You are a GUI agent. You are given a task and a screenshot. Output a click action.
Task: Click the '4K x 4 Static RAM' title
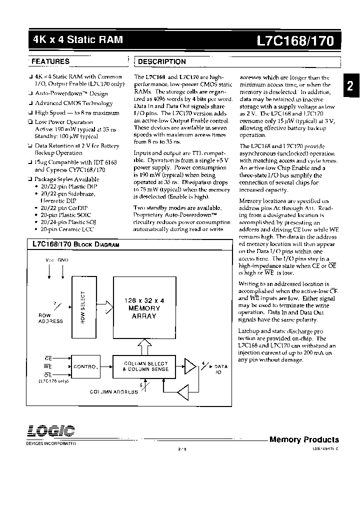pyautogui.click(x=77, y=39)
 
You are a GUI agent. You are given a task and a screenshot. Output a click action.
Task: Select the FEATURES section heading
pyautogui.click(x=50, y=61)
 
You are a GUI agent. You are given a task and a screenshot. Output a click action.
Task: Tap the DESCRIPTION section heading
pyautogui.click(x=161, y=61)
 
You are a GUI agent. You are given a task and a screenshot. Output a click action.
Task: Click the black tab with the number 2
pyautogui.click(x=350, y=86)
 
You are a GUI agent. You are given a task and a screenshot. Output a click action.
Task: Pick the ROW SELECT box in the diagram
pyautogui.click(x=83, y=307)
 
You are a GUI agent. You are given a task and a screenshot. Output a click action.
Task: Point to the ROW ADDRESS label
pyautogui.click(x=51, y=318)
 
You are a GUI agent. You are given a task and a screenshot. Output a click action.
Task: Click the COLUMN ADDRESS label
pyautogui.click(x=114, y=392)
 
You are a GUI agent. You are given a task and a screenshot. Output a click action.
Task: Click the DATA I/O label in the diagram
pyautogui.click(x=220, y=369)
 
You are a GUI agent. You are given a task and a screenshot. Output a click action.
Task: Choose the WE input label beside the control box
pyautogui.click(x=48, y=366)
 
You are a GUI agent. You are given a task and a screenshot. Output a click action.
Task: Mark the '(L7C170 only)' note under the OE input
pyautogui.click(x=52, y=380)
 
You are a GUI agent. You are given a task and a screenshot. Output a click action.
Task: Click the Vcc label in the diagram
pyautogui.click(x=49, y=260)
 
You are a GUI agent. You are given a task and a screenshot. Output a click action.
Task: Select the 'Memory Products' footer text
pyautogui.click(x=304, y=439)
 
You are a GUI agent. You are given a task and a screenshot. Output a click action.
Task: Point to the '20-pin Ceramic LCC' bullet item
pyautogui.click(x=67, y=229)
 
